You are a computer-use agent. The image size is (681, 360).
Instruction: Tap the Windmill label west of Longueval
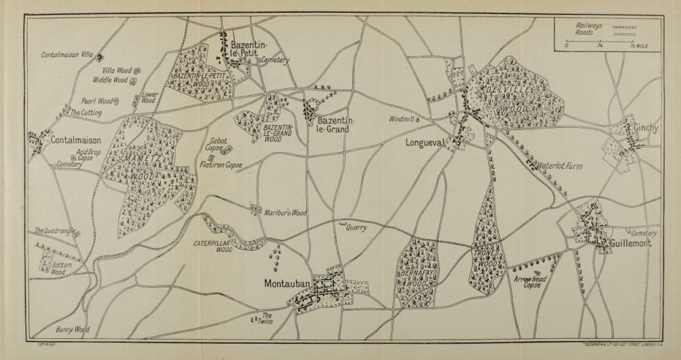point(401,119)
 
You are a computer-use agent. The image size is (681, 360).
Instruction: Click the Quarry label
point(356,228)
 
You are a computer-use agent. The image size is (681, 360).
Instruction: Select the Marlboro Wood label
point(284,213)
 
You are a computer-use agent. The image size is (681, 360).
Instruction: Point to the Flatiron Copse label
point(221,164)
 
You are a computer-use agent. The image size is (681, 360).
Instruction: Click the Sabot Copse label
point(215,145)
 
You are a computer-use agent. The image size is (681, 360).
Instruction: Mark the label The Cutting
point(86,113)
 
